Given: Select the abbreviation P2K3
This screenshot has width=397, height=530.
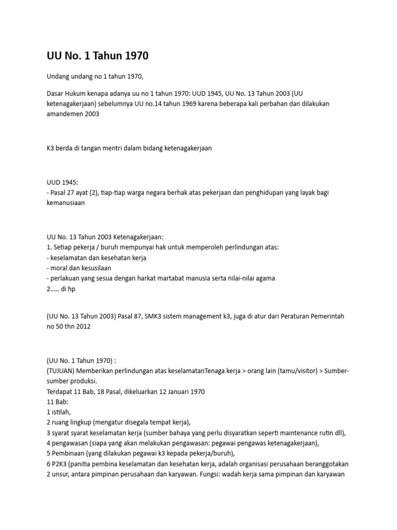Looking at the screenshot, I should tap(62, 464).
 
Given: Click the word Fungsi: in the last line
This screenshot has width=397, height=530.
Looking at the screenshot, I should tap(232, 474).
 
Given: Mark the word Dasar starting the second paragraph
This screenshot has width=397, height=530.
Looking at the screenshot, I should tap(56, 93).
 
